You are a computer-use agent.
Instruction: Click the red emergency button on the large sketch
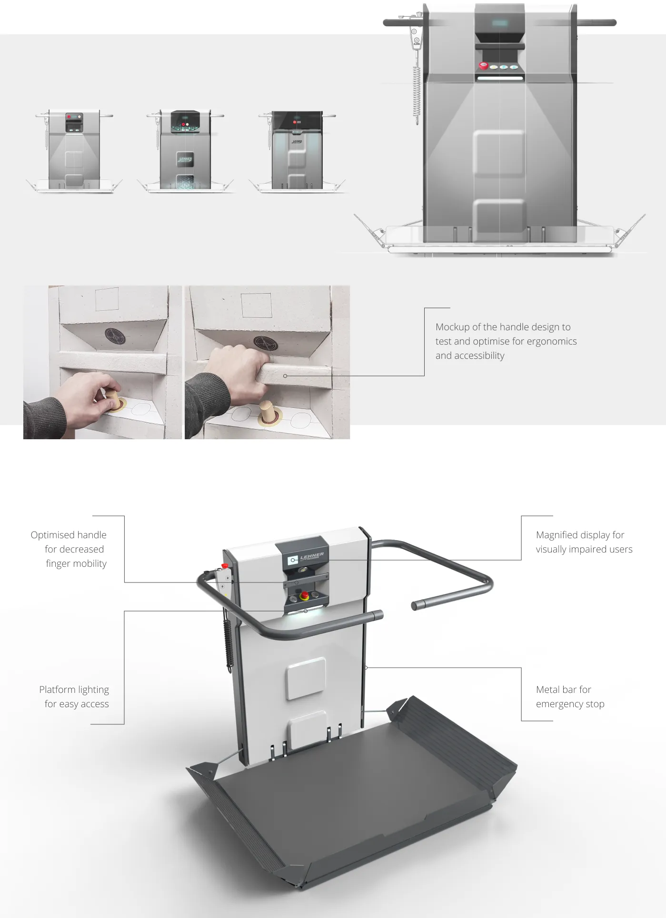483,66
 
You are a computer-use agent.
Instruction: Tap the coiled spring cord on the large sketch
417,90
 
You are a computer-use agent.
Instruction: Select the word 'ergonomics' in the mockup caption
551,341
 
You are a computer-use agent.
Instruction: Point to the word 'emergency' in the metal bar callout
559,704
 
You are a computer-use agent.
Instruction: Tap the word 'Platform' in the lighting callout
57,690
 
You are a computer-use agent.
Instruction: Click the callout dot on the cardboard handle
285,376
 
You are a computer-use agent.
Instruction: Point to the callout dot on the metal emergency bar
366,668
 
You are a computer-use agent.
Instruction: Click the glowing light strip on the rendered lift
305,613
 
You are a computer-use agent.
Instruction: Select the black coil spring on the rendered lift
229,642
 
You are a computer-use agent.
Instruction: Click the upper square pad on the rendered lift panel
306,679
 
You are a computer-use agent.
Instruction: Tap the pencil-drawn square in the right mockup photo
256,305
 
